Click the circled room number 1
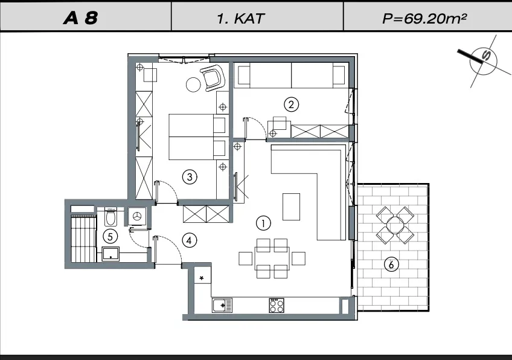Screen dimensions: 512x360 [x=263, y=223]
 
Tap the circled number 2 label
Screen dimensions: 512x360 [x=291, y=104]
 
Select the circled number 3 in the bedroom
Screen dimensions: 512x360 [x=190, y=177]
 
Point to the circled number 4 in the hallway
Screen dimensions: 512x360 [x=190, y=241]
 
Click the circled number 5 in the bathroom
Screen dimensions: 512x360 [x=110, y=236]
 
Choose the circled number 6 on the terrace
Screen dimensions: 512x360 [x=391, y=264]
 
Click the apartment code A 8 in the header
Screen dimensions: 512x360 [x=81, y=18]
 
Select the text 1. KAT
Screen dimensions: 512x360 [x=241, y=19]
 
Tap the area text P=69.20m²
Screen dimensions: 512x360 [x=424, y=18]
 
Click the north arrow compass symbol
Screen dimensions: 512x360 [x=483, y=61]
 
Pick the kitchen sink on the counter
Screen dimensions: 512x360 [x=222, y=306]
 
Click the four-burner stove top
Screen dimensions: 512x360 [x=277, y=306]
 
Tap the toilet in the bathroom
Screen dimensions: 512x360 [x=110, y=217]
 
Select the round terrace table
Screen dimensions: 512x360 [x=395, y=225]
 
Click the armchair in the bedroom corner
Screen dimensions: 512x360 [x=213, y=78]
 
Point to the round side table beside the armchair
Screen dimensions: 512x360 [x=193, y=85]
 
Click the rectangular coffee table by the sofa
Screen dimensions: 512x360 [x=291, y=207]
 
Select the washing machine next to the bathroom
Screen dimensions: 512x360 [x=137, y=216]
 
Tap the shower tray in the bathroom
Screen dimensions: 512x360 [x=110, y=254]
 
